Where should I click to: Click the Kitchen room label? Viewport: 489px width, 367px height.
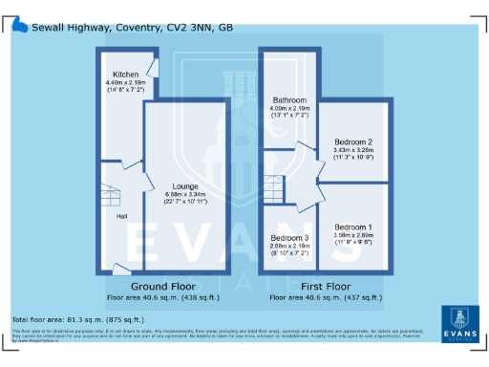point(125,74)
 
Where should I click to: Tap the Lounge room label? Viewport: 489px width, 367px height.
point(185,185)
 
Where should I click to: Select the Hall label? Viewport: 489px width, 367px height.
point(122,217)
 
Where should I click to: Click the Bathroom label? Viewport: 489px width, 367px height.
point(287,99)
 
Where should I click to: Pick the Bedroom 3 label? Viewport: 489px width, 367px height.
point(289,237)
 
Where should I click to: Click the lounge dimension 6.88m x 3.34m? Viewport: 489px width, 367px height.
point(185,194)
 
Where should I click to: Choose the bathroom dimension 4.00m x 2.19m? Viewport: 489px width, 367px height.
point(287,108)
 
